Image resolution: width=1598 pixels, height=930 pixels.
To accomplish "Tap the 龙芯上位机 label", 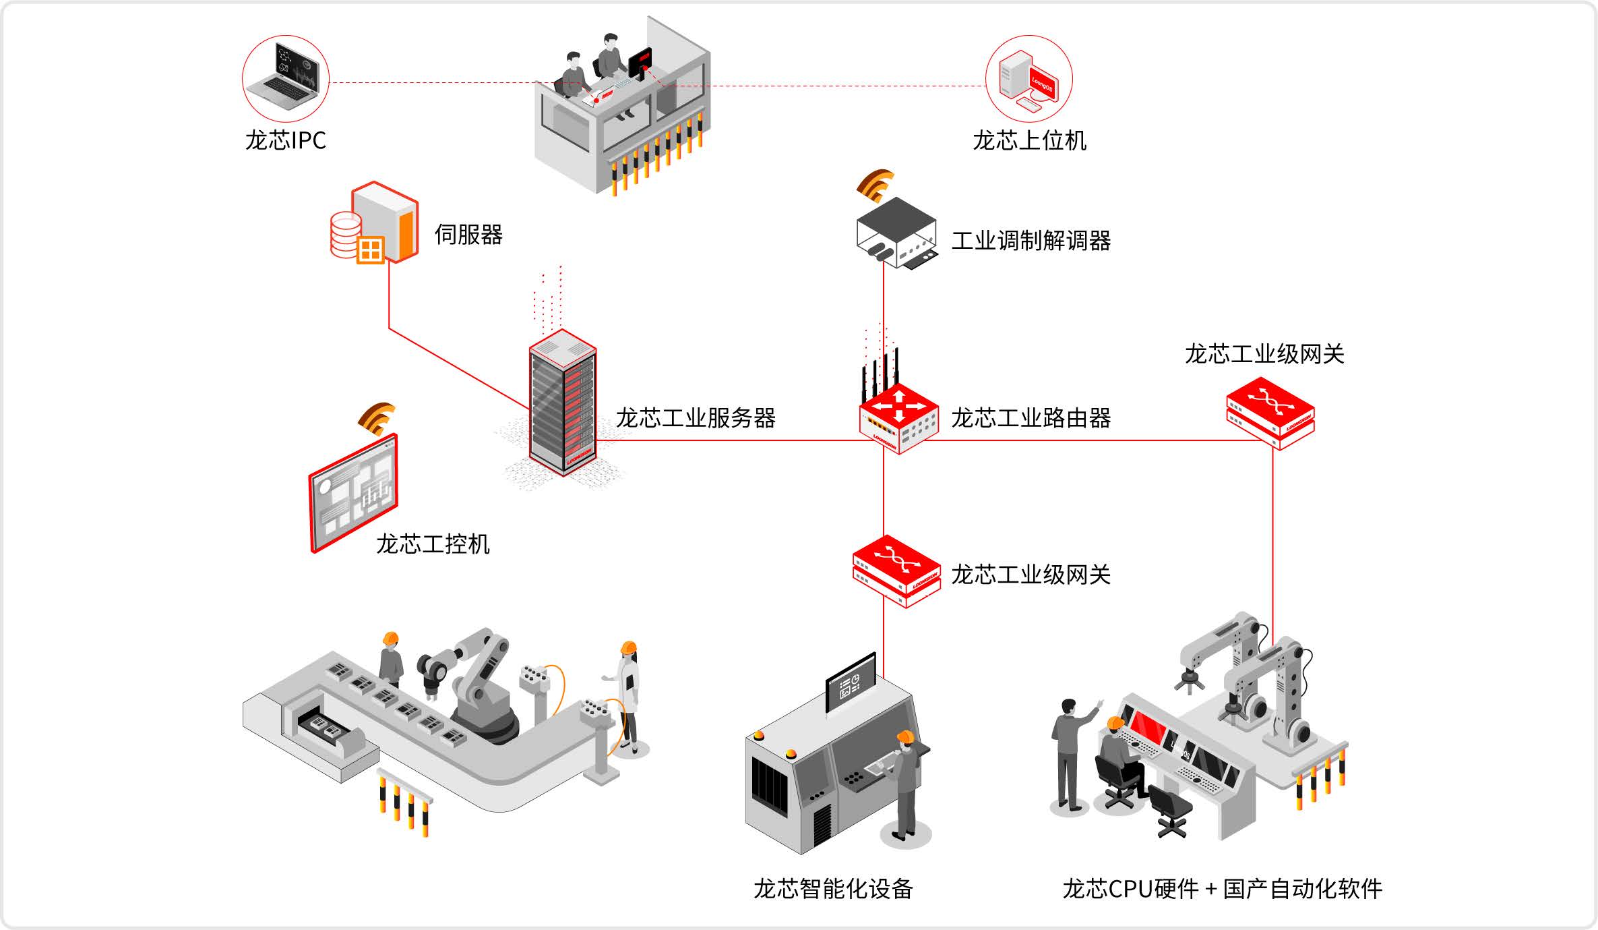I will (x=1029, y=140).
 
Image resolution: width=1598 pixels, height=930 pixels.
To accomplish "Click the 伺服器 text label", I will (x=468, y=235).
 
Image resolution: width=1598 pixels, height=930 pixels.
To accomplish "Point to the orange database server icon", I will (x=375, y=223).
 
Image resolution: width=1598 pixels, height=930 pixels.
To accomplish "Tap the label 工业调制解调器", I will (x=1031, y=241).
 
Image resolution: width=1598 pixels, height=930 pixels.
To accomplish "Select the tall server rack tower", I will (x=563, y=403).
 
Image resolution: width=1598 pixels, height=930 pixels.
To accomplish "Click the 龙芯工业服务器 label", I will (x=696, y=418).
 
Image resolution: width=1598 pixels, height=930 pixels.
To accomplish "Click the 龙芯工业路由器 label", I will (x=1031, y=418).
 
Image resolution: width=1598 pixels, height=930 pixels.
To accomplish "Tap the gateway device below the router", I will (x=896, y=571).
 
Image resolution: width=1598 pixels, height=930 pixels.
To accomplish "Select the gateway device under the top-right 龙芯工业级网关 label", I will (x=1270, y=413).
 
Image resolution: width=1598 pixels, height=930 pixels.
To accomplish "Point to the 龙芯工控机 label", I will (x=433, y=544).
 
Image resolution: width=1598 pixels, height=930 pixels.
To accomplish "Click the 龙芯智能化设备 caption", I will (x=832, y=889).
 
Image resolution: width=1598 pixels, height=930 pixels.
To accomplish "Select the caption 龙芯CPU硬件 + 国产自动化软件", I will (x=1222, y=889).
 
